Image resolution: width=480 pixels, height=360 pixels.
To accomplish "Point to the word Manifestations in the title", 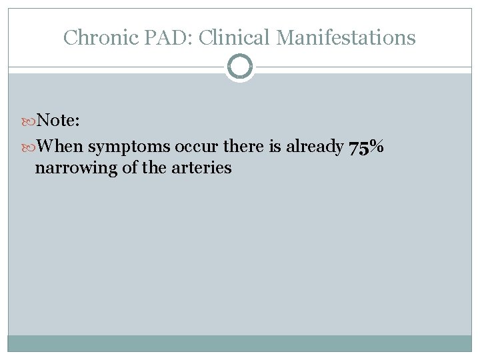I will (x=345, y=37).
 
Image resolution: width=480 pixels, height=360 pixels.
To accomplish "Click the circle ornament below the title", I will (x=240, y=67).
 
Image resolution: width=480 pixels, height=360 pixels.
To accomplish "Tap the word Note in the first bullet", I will (x=58, y=120).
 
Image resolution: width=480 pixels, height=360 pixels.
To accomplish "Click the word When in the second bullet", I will (x=60, y=147).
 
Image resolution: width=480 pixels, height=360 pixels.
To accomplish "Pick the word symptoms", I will (x=129, y=147).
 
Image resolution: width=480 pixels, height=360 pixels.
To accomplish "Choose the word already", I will (x=317, y=147).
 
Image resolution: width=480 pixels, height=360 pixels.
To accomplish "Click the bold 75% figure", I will (x=366, y=147).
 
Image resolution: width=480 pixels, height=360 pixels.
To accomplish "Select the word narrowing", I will (x=73, y=167).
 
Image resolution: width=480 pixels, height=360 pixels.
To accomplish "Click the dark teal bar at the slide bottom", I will (x=240, y=343).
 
